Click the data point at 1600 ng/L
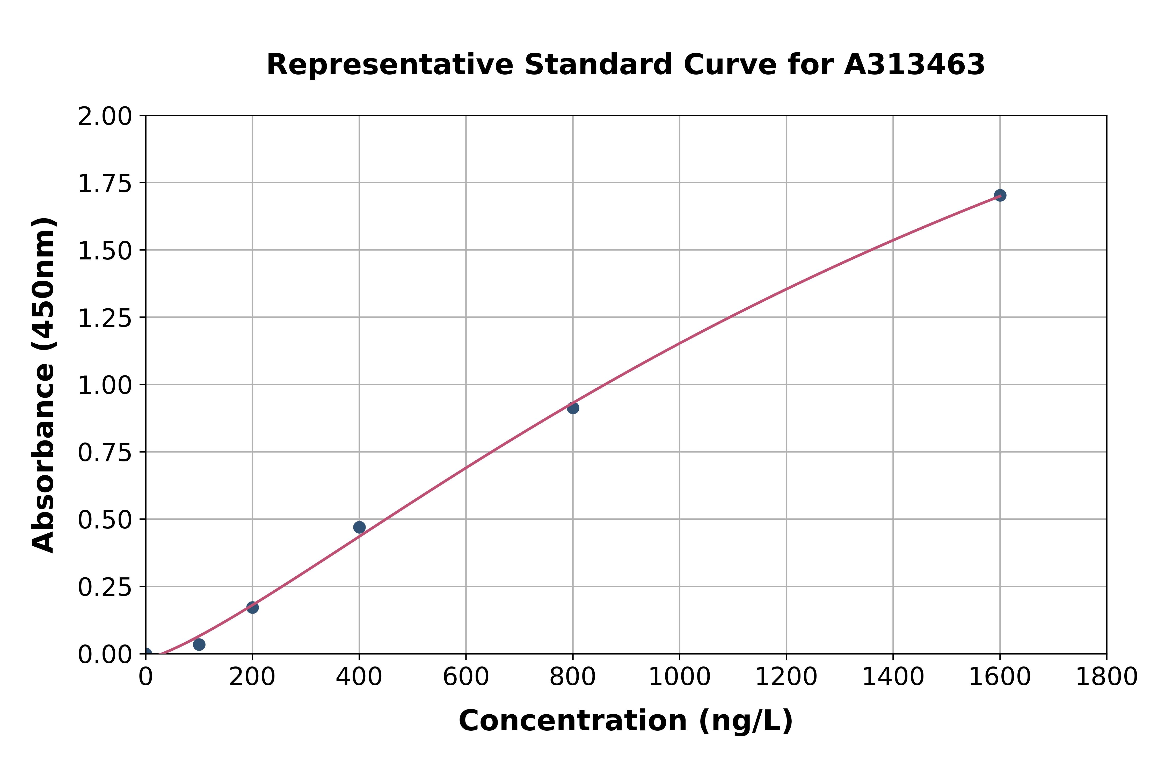(1000, 195)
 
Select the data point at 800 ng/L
(573, 408)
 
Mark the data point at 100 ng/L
(199, 644)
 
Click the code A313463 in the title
(914, 65)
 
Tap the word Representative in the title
(390, 65)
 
